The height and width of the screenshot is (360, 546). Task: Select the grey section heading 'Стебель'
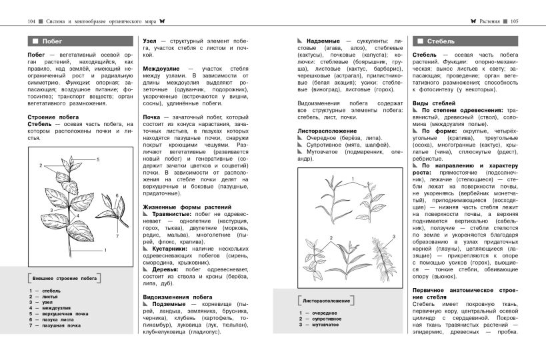(440, 41)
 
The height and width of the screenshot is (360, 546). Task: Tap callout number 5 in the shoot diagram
(97, 160)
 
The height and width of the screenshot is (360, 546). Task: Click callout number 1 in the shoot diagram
(105, 249)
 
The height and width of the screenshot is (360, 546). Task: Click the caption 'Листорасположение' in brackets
(326, 299)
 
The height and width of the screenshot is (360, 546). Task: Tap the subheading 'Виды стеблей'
(434, 103)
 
